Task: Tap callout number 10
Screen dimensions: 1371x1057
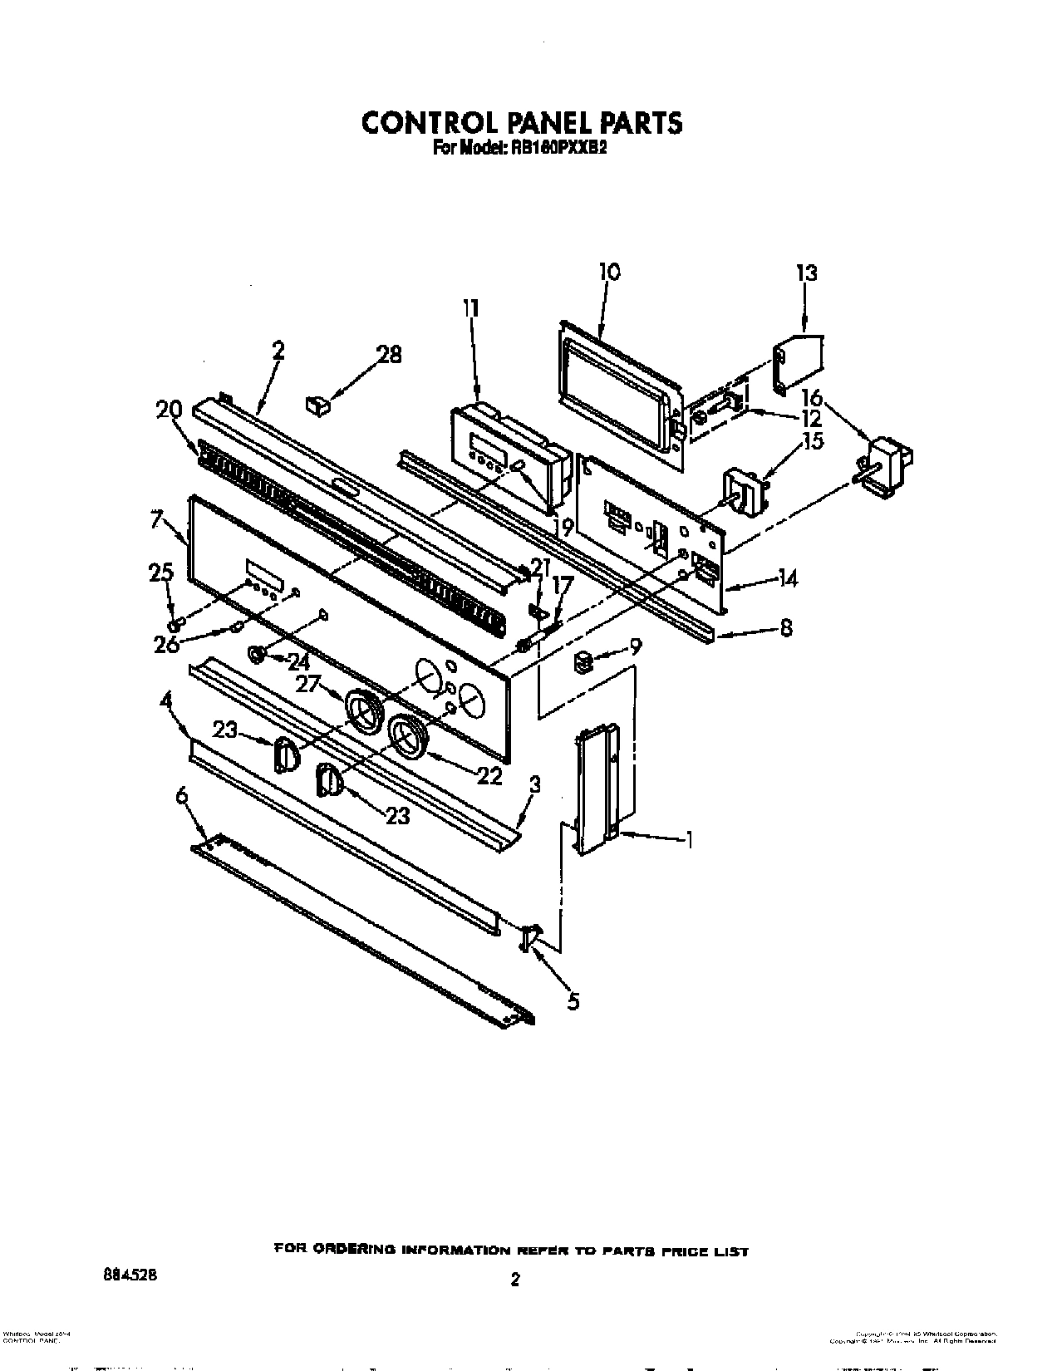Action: [x=609, y=272]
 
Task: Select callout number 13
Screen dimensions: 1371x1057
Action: [x=806, y=273]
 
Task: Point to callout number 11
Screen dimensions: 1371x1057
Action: [x=471, y=309]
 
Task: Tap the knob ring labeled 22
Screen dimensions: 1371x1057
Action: [x=409, y=735]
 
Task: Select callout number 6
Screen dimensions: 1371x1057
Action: [x=182, y=795]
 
